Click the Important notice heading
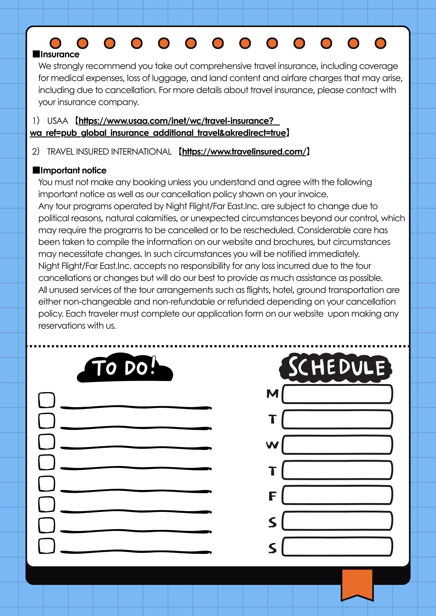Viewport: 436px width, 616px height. pos(73,170)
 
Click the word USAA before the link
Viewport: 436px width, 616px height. pos(58,121)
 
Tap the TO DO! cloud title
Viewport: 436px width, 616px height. pos(125,368)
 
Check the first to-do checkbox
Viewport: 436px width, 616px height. pos(47,400)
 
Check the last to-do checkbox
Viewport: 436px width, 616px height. pos(47,546)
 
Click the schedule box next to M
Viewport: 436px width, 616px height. pos(337,394)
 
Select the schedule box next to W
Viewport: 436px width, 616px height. pos(337,445)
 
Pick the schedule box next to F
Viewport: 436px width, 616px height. pos(337,495)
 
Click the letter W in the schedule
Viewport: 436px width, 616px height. pos(272,445)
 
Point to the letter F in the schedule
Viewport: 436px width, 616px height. pos(272,496)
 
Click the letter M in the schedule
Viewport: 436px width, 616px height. pos(272,394)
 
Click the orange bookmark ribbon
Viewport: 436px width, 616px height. pos(357,584)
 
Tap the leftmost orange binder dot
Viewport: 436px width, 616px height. pos(56,43)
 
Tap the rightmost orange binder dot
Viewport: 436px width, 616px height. pos(380,43)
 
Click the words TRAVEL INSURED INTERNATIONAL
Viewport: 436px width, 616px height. pos(109,152)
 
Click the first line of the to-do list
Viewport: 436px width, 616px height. pos(136,407)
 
